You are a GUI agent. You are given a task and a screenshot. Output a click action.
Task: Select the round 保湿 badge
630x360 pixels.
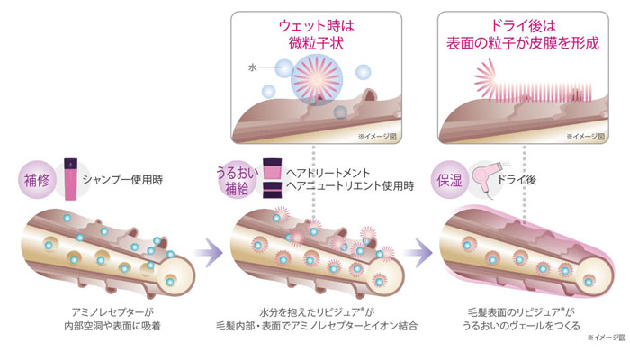click(449, 177)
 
